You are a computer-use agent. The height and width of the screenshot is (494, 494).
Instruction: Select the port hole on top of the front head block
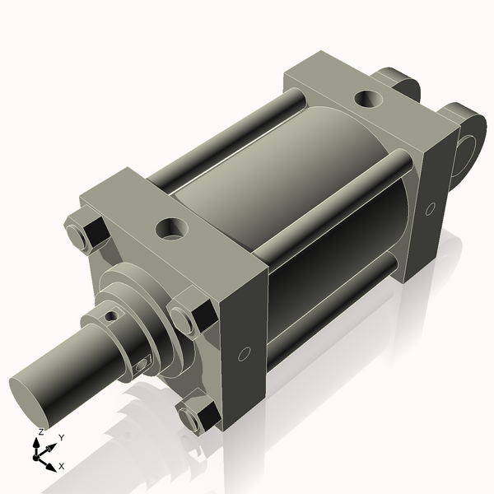point(173,227)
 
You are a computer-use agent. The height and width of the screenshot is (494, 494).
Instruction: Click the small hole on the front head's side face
point(243,354)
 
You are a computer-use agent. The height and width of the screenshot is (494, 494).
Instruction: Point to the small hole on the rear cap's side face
point(430,209)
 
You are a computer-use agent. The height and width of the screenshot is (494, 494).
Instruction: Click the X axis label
point(62,466)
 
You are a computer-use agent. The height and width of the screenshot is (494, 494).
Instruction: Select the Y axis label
point(62,438)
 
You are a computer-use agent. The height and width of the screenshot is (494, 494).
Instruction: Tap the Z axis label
point(41,431)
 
